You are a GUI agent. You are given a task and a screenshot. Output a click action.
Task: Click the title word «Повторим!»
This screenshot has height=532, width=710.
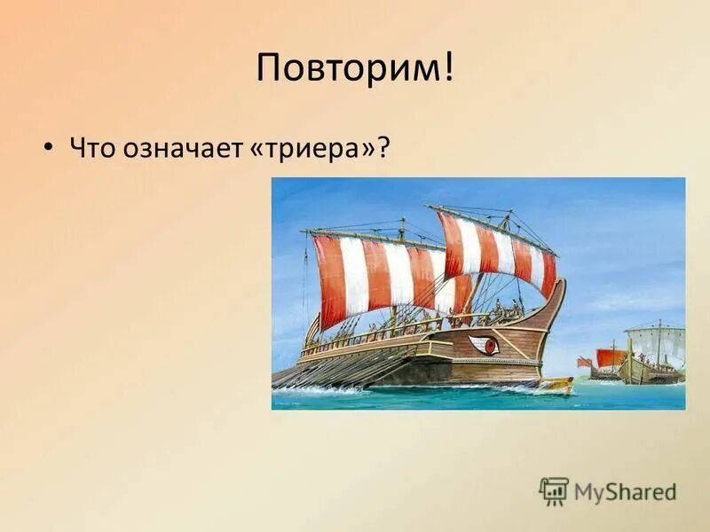point(354,69)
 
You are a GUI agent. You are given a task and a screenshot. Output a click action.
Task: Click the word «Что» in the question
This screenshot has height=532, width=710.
point(92,147)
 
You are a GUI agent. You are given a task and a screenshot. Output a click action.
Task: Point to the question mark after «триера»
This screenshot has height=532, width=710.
point(384,147)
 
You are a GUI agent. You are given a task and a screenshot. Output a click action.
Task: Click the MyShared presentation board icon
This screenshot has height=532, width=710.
point(554,490)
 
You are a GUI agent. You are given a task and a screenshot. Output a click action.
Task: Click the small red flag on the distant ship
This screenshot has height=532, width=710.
point(583,362)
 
